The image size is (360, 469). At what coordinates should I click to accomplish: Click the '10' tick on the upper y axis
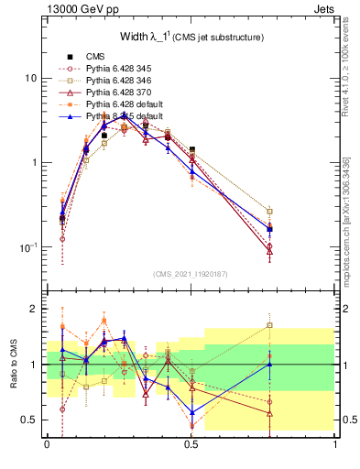tap(31, 79)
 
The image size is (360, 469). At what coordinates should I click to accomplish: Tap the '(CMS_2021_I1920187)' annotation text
tap(191, 274)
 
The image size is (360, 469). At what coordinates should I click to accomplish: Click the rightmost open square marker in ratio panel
tap(269, 325)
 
